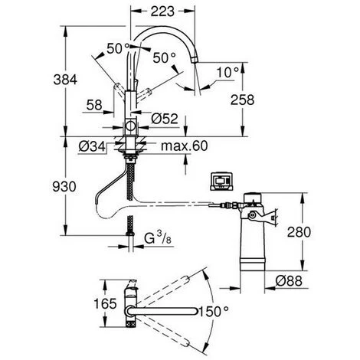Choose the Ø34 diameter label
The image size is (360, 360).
coord(88,146)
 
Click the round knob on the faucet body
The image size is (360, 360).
coord(130,126)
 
